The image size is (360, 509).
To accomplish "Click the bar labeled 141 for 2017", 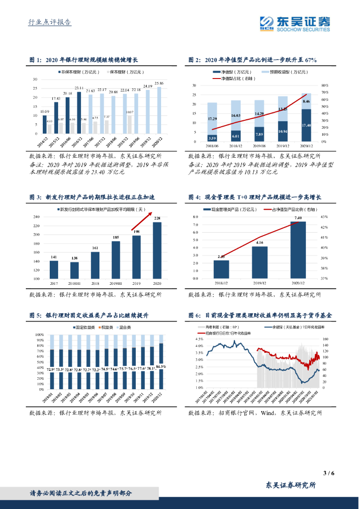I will (54, 269).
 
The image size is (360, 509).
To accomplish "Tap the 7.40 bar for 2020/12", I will (298, 250).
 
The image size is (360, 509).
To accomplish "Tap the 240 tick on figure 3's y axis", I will (36, 217).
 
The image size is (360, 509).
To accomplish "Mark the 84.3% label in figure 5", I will (161, 366).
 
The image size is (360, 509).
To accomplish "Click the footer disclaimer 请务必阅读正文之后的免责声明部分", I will (81, 493).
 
